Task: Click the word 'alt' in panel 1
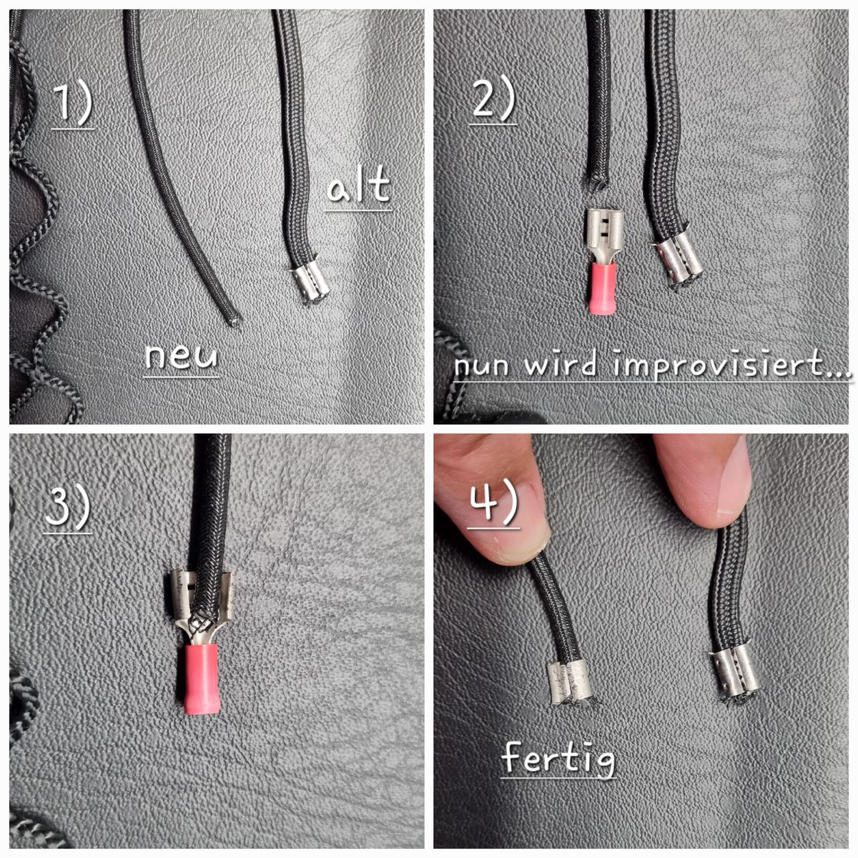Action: (359, 184)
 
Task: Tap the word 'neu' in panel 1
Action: (181, 356)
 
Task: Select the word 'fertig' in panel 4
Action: (558, 756)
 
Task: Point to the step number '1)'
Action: (73, 105)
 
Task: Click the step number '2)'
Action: (493, 101)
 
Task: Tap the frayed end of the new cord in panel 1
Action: (235, 320)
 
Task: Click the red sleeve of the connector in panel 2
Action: (602, 288)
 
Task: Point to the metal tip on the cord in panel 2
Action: (678, 262)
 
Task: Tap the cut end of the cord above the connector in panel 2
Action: (596, 182)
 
